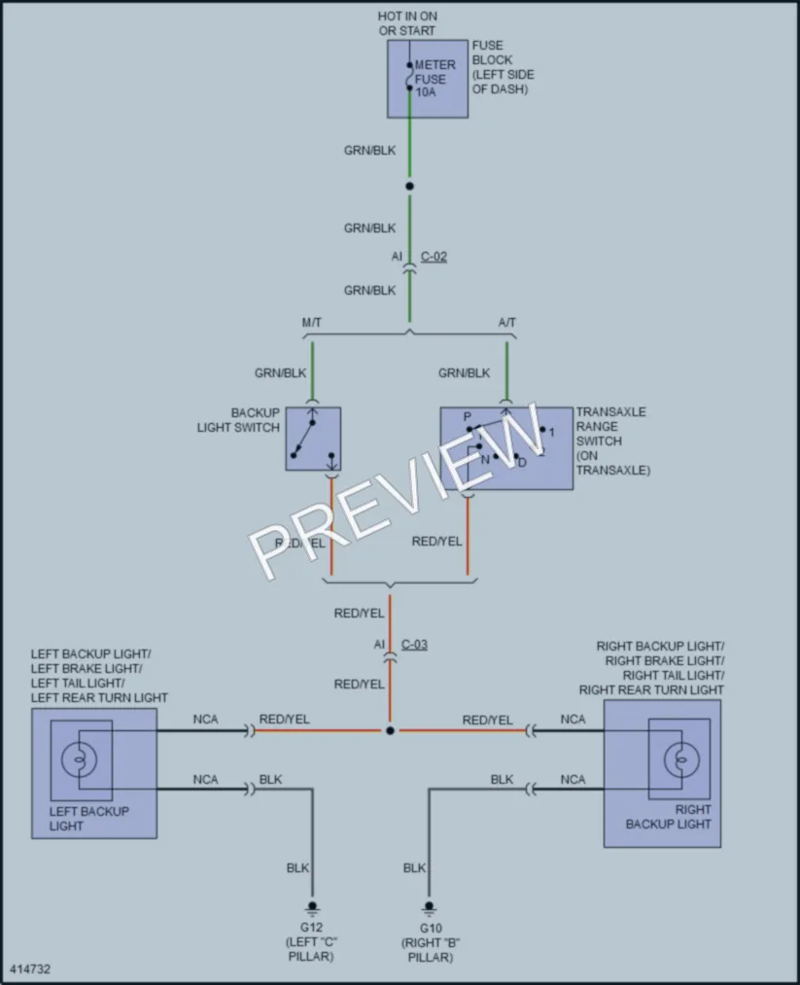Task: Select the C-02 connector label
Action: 434,257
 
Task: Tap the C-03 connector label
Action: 414,645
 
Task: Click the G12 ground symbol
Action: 312,909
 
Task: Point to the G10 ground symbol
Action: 429,909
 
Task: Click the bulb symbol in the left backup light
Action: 79,758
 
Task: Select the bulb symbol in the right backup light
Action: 681,760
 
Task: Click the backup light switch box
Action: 313,439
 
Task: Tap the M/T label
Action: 311,323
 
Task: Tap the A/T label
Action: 506,323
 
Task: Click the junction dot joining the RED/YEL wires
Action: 390,730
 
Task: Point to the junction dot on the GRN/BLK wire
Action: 409,186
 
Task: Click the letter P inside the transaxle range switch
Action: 467,417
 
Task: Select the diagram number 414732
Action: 30,968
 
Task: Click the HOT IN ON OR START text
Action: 407,23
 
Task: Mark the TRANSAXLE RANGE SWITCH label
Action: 612,441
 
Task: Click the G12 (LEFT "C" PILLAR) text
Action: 311,942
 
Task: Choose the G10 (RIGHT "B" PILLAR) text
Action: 431,942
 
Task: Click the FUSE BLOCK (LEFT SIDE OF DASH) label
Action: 503,67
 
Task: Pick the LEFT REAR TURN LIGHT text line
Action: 99,698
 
